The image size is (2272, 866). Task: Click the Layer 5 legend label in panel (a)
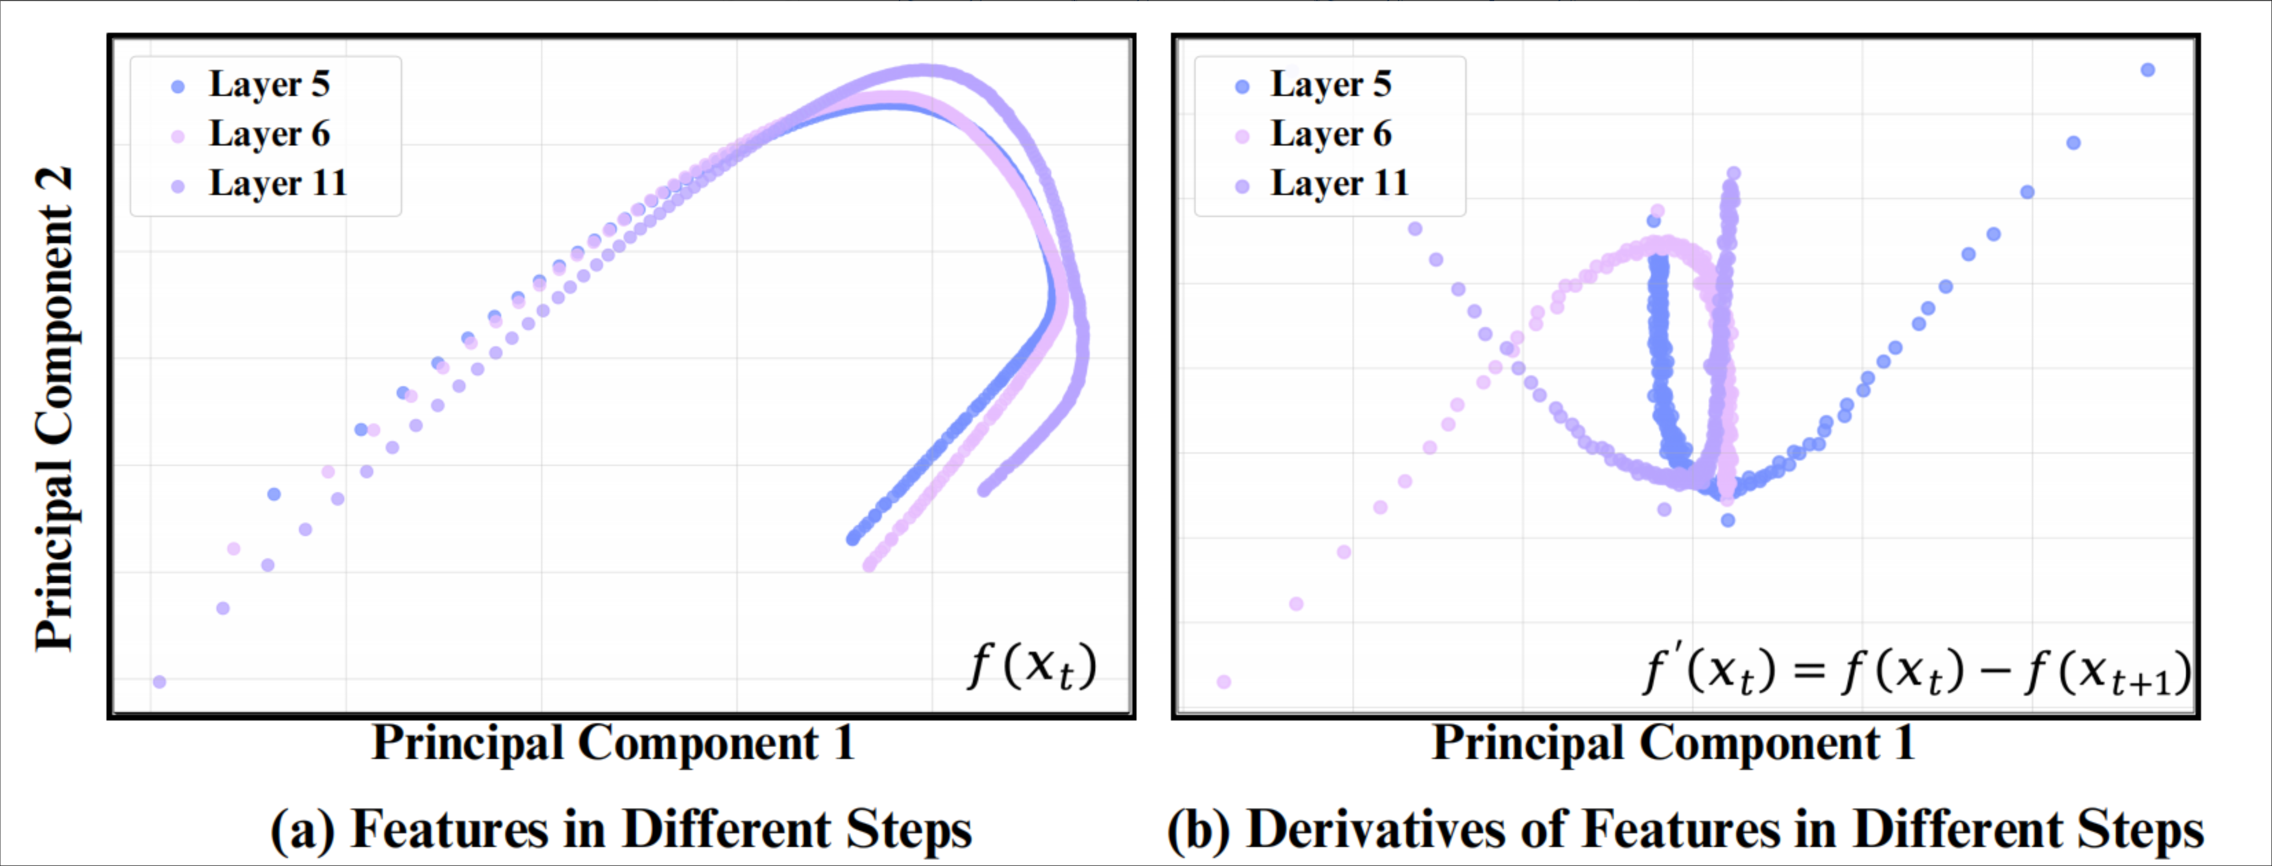click(x=269, y=85)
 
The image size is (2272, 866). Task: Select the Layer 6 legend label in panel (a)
click(x=269, y=134)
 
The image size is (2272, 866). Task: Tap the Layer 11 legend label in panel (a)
click(x=278, y=183)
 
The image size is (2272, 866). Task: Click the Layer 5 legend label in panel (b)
click(x=1330, y=85)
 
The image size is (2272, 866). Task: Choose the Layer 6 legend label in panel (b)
click(x=1330, y=134)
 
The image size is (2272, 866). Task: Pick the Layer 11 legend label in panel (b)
click(x=1339, y=183)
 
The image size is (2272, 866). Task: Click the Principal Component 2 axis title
click(x=54, y=408)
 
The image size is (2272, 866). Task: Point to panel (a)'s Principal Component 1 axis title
click(x=613, y=743)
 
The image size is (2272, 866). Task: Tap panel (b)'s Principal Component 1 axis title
click(x=1673, y=743)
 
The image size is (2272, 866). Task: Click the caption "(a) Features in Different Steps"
click(x=620, y=829)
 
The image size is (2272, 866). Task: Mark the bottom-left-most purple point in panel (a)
click(x=160, y=682)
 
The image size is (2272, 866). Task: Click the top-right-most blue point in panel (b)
click(x=2148, y=70)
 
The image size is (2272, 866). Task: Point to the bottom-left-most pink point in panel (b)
click(x=1223, y=682)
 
